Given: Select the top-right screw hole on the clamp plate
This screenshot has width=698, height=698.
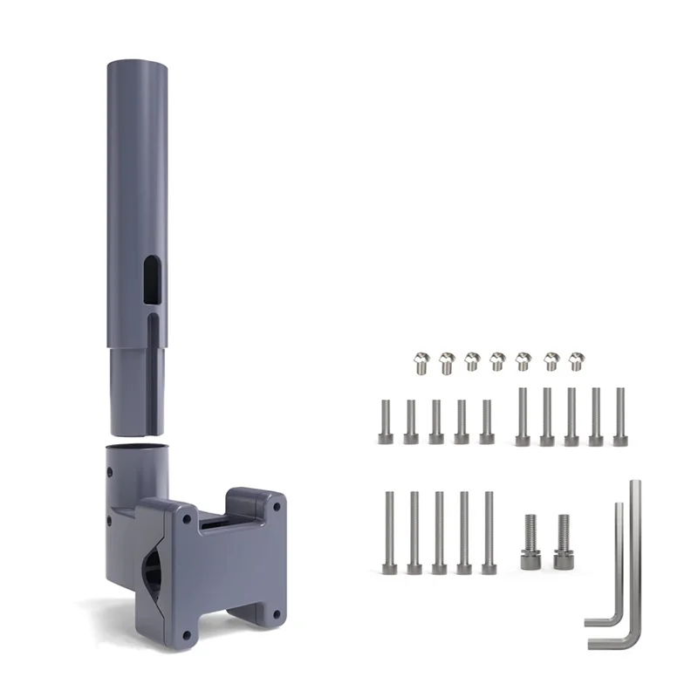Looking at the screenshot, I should [x=277, y=505].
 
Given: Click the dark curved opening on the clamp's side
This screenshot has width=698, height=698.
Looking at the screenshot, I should [x=154, y=567].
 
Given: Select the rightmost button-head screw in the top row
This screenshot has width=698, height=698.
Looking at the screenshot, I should [x=576, y=359].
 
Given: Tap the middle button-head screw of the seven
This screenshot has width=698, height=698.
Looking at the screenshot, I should [x=497, y=359].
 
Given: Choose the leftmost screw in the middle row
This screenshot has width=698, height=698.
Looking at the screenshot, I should [x=386, y=422].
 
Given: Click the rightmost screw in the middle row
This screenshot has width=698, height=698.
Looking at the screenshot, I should [x=620, y=417].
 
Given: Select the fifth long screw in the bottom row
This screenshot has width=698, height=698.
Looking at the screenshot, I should [x=489, y=532].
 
